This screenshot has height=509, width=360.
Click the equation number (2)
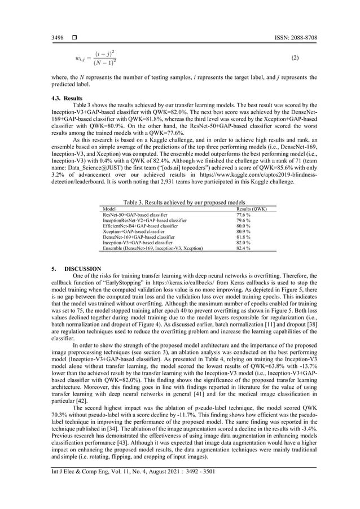[x=294, y=58]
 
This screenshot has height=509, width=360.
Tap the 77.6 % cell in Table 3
[x=243, y=214]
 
